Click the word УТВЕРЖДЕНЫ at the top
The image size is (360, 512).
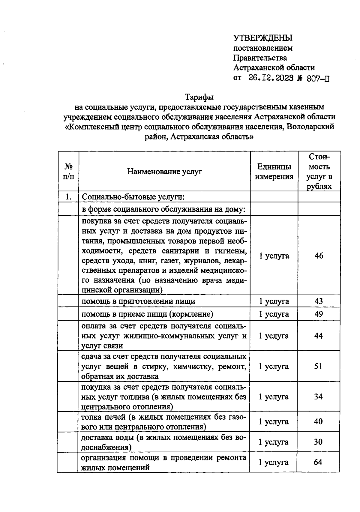(x=263, y=38)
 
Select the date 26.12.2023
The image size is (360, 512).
(x=271, y=78)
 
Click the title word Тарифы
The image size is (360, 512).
(x=199, y=97)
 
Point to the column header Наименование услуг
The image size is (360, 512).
(x=164, y=172)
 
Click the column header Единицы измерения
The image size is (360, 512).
(x=274, y=172)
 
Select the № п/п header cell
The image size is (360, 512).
(x=68, y=172)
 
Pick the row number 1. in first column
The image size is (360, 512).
(x=68, y=197)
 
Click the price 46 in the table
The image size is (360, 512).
(x=319, y=256)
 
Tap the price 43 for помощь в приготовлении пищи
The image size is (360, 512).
(x=319, y=301)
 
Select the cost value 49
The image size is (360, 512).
(x=319, y=314)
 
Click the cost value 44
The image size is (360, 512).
(x=318, y=336)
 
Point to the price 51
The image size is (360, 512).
(x=318, y=366)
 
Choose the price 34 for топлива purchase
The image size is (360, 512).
(x=318, y=397)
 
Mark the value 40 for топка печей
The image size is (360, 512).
(x=318, y=421)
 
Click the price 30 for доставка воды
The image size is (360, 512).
(x=318, y=442)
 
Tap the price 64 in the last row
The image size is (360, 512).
(x=318, y=462)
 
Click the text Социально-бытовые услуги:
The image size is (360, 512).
(x=133, y=197)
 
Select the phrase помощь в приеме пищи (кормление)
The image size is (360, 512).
(x=147, y=314)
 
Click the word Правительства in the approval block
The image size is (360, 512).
(x=260, y=58)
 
